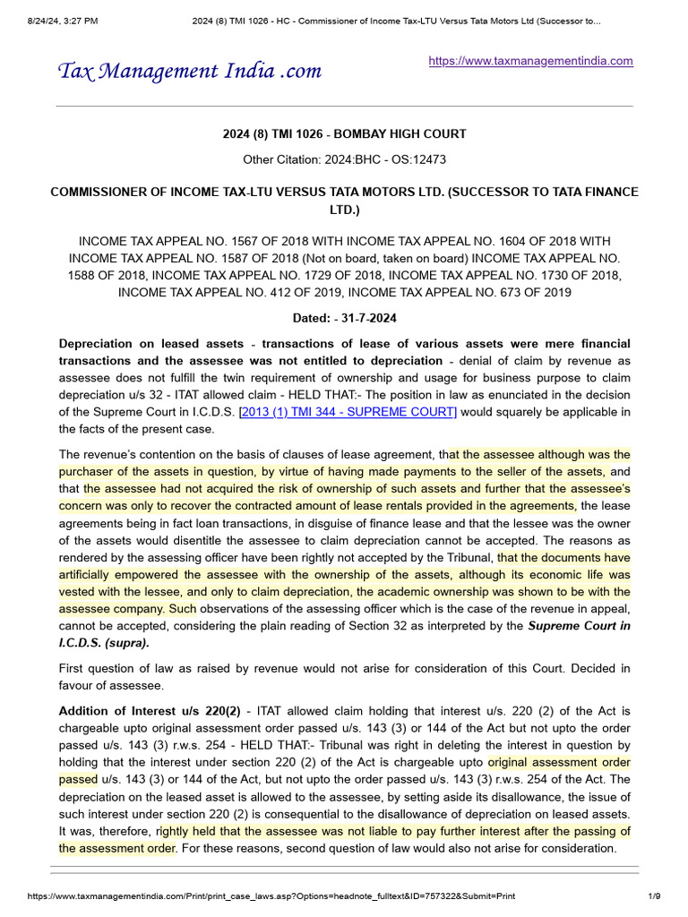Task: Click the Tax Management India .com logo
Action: pos(189,71)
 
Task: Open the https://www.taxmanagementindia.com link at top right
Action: pos(531,61)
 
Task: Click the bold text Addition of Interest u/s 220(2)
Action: pos(150,711)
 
